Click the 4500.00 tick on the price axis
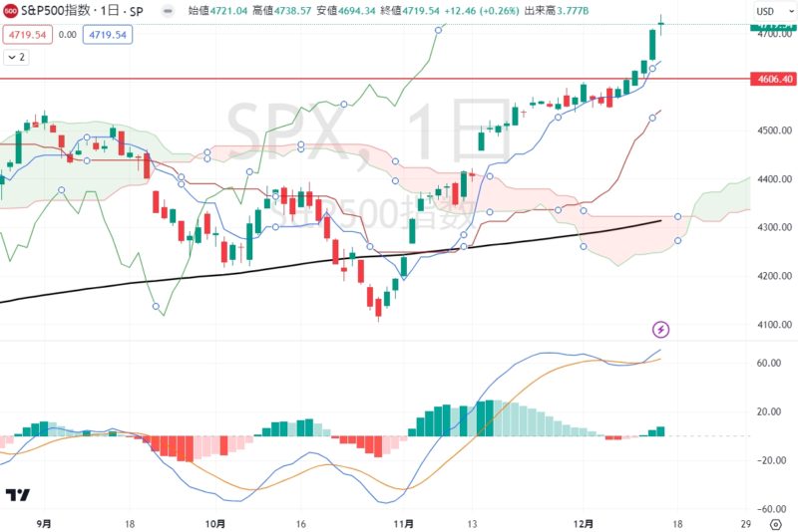768,131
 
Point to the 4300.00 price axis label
768,228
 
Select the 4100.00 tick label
768,325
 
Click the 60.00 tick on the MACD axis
768,364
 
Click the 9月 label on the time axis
43,522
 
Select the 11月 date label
404,522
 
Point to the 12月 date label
586,522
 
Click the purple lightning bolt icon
660,329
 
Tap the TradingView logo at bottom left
17,495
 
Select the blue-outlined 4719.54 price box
108,34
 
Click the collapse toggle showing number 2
16,58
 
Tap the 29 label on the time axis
745,522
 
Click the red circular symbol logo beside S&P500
10,12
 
